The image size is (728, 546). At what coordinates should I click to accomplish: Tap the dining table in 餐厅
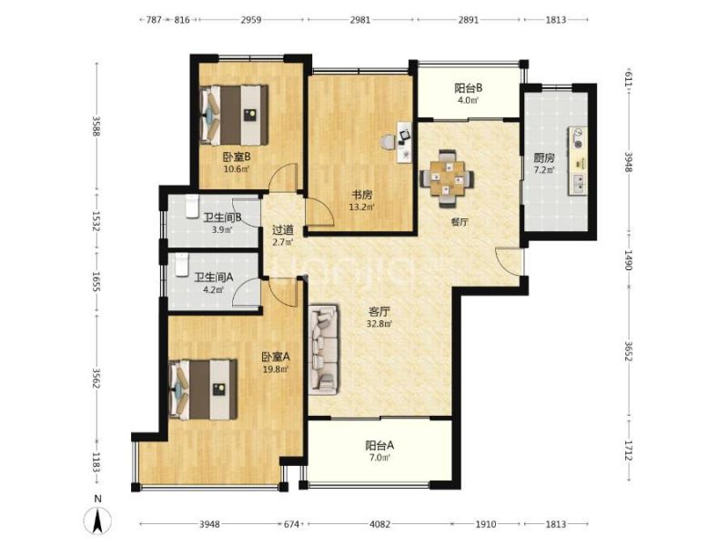(447, 178)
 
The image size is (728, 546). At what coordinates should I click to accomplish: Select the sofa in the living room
(324, 349)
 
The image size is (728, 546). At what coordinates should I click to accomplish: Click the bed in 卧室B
(234, 115)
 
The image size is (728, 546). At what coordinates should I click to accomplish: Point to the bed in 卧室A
(203, 389)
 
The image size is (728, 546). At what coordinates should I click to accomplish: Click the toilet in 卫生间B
(192, 207)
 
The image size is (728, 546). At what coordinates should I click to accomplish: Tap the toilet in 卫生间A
(181, 264)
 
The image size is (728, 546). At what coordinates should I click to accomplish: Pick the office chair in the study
(388, 142)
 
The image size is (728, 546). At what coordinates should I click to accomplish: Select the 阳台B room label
(468, 87)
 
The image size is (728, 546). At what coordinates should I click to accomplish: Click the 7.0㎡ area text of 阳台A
(379, 458)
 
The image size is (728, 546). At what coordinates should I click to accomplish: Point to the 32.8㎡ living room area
(379, 324)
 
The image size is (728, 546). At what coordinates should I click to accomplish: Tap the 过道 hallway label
(282, 230)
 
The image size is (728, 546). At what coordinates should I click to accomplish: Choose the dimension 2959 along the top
(251, 19)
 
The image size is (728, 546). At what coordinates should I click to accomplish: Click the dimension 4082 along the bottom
(379, 524)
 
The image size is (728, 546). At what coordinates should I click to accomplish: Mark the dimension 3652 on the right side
(628, 351)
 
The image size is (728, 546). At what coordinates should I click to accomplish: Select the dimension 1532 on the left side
(96, 221)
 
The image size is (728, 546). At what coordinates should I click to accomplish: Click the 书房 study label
(361, 196)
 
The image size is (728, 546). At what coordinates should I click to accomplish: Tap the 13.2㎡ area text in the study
(361, 207)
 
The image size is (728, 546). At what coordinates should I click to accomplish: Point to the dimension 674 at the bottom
(291, 524)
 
